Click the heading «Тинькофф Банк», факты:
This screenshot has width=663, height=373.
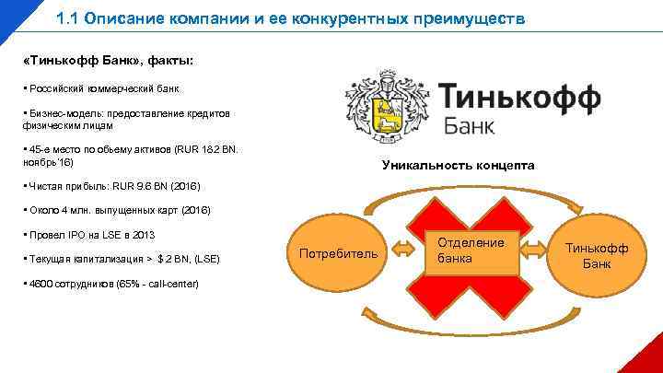(x=108, y=60)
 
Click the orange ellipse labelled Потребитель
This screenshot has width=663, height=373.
(x=338, y=252)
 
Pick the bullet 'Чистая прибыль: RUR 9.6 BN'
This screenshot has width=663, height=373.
(x=107, y=187)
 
